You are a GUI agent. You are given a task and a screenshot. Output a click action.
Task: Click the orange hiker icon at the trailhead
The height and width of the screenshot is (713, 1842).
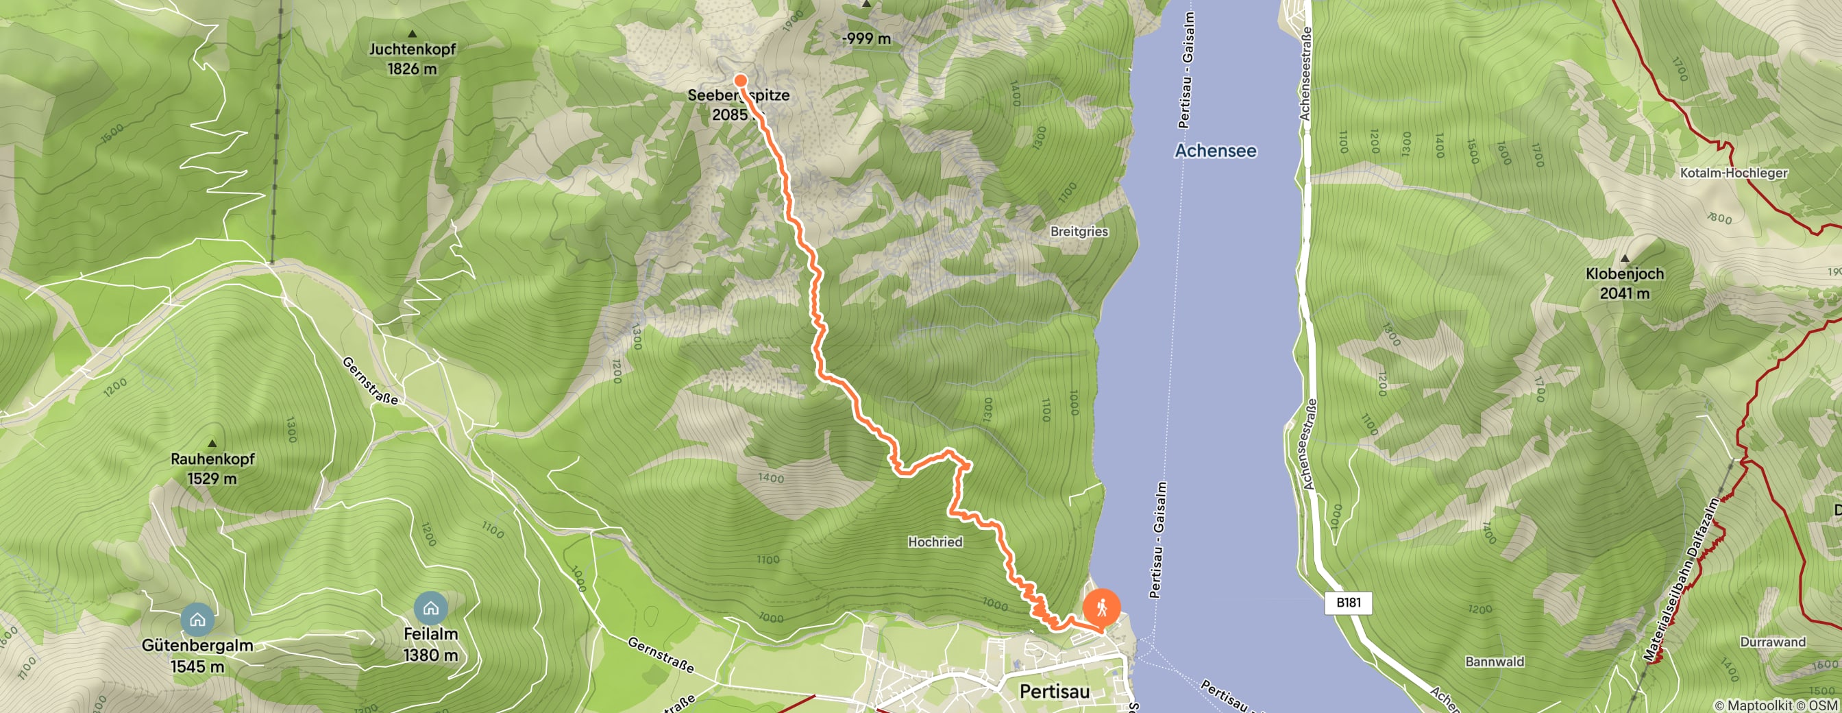[1102, 609]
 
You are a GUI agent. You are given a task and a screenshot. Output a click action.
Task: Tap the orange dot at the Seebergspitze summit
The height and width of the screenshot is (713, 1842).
[741, 81]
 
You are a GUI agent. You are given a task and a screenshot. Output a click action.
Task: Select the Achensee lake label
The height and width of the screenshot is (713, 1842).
[1216, 151]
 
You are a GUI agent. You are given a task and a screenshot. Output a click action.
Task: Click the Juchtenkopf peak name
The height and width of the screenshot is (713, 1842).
[412, 49]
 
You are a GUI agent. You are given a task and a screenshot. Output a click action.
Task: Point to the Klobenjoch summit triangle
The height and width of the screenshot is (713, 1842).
[1625, 258]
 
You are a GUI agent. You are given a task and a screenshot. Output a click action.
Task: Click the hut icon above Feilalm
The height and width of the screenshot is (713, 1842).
[430, 609]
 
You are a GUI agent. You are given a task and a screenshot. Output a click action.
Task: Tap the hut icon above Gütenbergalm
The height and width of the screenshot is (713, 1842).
[197, 619]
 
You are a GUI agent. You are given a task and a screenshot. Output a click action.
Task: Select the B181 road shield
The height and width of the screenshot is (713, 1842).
[1349, 602]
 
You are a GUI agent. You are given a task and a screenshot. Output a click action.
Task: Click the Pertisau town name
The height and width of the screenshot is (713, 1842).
[1054, 692]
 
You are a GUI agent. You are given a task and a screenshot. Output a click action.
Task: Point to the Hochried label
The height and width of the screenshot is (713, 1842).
[935, 542]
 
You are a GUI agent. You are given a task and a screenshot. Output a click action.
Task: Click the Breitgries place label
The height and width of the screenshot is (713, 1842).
[1079, 232]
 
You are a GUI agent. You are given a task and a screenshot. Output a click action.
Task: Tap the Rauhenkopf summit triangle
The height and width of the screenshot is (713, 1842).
[212, 444]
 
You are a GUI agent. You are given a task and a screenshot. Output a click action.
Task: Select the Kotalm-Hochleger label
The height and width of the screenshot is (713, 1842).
[1733, 173]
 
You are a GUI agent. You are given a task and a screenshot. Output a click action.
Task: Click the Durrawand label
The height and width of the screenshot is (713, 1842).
[1773, 642]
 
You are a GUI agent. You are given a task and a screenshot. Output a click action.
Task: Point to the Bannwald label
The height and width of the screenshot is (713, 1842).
[1495, 662]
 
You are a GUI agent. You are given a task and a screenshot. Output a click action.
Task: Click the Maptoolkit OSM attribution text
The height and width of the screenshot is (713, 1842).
[1776, 706]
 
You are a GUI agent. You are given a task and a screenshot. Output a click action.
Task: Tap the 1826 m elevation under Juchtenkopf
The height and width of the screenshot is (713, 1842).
[412, 69]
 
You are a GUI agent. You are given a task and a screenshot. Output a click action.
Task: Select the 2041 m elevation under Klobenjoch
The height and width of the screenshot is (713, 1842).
[1625, 293]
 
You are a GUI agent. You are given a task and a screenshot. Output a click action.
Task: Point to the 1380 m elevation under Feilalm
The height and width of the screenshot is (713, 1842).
[430, 655]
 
